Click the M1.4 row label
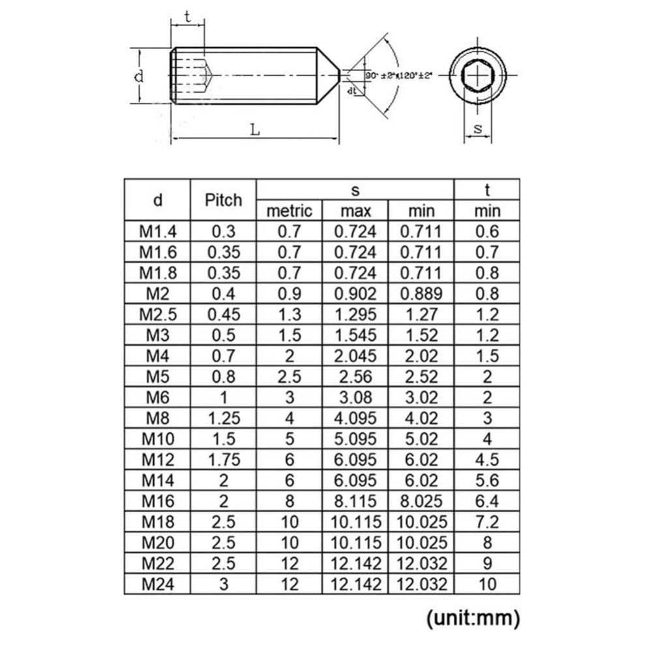point(157,230)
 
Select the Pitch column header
point(223,200)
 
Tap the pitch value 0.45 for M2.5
point(223,314)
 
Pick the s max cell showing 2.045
point(355,356)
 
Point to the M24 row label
point(157,584)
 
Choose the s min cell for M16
point(421,501)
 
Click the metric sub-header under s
point(289,211)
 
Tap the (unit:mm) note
point(473,617)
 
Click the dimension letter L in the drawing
point(255,130)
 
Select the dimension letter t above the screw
point(188,18)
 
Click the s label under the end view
point(477,129)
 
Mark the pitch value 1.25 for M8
point(223,419)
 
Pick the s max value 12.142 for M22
point(355,563)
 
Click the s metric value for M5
point(289,377)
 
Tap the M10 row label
point(157,439)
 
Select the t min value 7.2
point(487,522)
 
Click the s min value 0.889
point(421,293)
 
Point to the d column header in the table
point(157,200)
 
